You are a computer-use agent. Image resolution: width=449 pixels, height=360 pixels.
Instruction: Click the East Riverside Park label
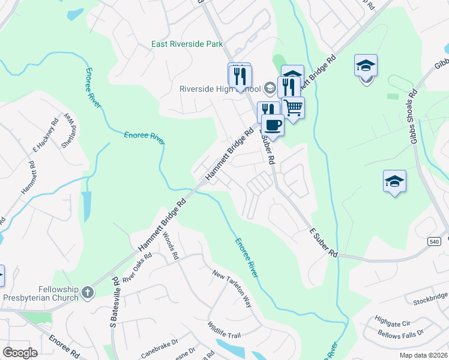pos(187,44)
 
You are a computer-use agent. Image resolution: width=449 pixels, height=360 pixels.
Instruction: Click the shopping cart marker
pos(293,108)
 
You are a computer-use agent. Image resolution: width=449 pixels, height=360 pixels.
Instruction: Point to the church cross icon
pos(88,292)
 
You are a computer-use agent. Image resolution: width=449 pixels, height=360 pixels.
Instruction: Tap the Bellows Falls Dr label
pos(400,332)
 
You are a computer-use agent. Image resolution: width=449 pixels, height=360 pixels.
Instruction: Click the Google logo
pos(20,353)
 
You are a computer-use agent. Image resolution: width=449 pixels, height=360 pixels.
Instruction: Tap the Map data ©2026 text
pos(423,355)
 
